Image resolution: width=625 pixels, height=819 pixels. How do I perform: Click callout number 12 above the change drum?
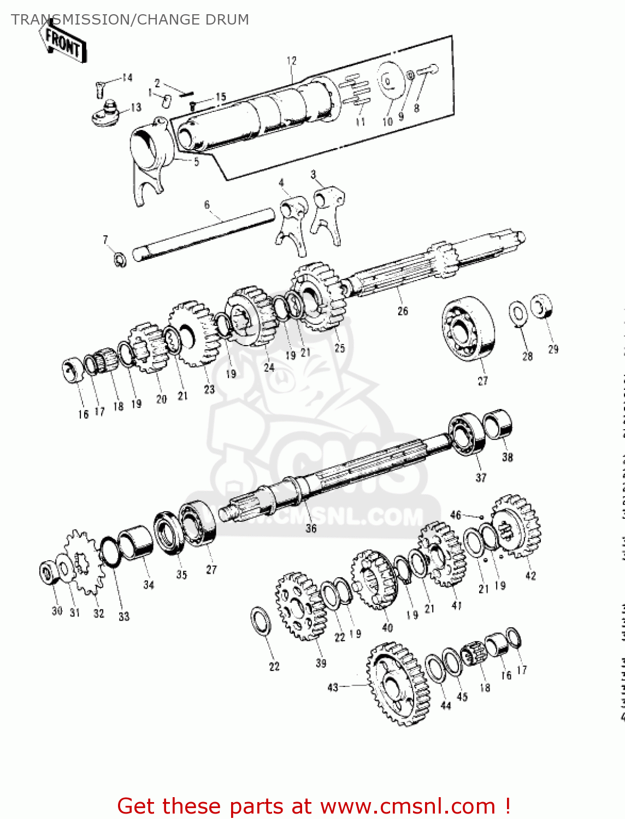coord(291,61)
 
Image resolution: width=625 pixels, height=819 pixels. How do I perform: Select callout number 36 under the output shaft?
coord(311,528)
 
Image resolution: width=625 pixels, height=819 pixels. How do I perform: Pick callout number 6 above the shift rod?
coord(207,205)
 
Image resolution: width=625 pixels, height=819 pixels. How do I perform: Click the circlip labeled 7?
coord(120,259)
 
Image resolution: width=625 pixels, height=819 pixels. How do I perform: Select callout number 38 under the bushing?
coord(508,457)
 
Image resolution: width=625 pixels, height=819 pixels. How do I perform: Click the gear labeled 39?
coord(300,606)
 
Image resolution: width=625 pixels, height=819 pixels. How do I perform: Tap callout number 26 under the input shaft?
coord(403,311)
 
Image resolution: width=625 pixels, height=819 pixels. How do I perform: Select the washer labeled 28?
coord(518,312)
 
